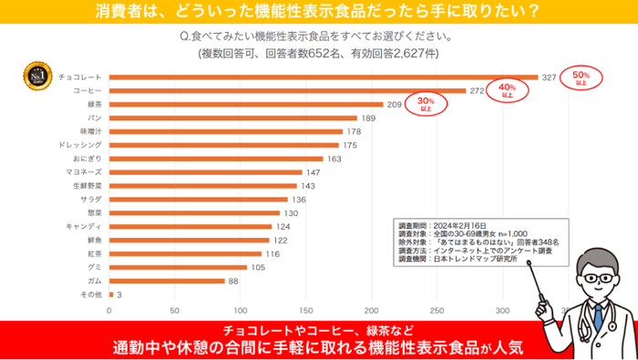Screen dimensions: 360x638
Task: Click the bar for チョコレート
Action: [324, 77]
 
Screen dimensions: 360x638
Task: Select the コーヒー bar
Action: [288, 91]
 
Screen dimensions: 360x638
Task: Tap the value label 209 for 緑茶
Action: [395, 105]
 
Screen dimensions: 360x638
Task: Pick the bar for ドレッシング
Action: [224, 145]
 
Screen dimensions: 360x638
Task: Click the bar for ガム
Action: [167, 281]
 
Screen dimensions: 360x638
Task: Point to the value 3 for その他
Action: [119, 294]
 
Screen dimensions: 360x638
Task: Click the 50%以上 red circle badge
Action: [581, 77]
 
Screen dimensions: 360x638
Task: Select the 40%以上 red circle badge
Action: [508, 89]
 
